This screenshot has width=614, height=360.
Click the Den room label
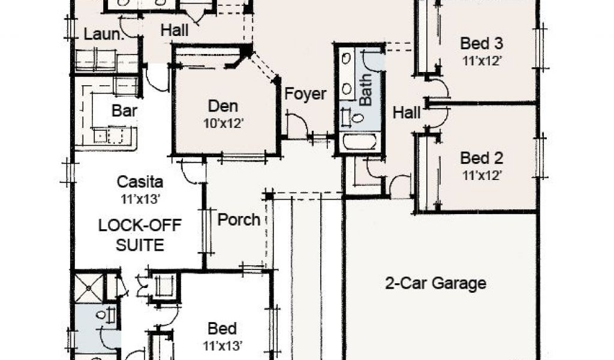point(223,107)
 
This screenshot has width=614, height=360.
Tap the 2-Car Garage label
point(435,283)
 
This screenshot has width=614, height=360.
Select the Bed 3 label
point(481,44)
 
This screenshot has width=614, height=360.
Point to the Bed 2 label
point(481,158)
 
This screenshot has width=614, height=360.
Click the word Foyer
point(305,94)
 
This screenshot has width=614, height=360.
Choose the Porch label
point(239,220)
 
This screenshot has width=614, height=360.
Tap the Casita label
point(140,181)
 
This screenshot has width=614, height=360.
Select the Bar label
point(125,111)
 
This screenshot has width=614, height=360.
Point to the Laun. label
point(104,34)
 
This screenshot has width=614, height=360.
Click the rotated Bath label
point(366,91)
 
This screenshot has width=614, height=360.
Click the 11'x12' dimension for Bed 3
point(481,60)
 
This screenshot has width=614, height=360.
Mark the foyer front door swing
point(297,125)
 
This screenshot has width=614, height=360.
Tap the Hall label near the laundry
point(174,29)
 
